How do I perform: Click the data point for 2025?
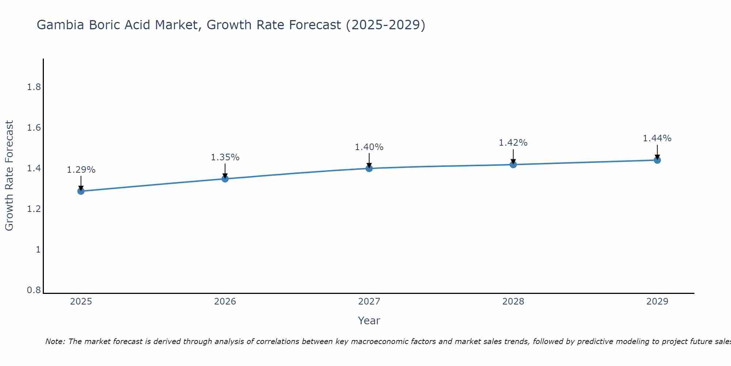[x=81, y=191]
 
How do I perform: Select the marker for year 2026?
[x=225, y=179]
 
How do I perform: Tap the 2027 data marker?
[x=369, y=168]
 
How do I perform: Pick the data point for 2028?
[x=513, y=164]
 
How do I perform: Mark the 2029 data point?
[x=657, y=160]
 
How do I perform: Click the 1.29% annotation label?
[x=81, y=170]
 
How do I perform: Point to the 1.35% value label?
[x=225, y=157]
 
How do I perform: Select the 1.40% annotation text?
[x=369, y=147]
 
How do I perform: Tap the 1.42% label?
[x=513, y=143]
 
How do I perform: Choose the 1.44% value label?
[x=657, y=138]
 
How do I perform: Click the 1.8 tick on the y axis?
[x=34, y=87]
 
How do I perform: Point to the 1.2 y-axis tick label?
[x=34, y=209]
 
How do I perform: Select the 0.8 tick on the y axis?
[x=34, y=290]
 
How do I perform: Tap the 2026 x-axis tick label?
[x=225, y=302]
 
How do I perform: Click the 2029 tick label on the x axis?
[x=657, y=302]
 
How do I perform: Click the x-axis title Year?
[x=369, y=321]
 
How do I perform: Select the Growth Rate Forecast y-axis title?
[x=10, y=176]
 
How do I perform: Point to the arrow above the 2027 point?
[x=369, y=160]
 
